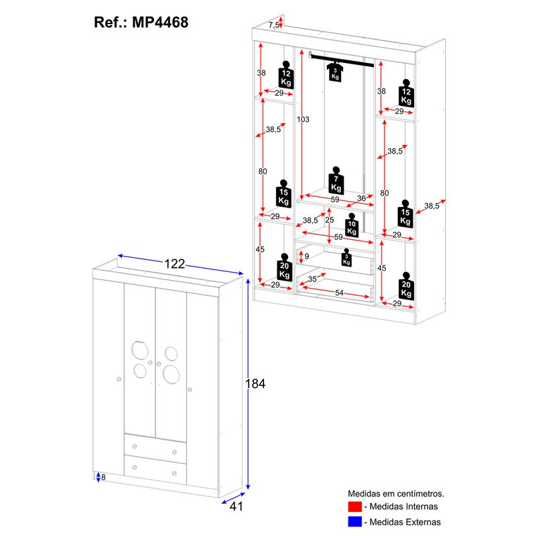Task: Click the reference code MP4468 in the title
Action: coord(160,23)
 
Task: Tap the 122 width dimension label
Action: coord(174,264)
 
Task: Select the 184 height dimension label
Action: coord(255,384)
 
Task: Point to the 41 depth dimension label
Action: coord(237,507)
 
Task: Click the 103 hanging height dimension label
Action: coord(303,119)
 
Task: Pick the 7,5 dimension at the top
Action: coord(273,25)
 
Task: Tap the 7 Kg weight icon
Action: coord(336,181)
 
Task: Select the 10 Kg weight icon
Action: coord(352,225)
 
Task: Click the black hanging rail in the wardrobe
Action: coord(342,60)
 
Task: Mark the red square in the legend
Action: coord(355,507)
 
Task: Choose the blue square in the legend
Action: coord(355,522)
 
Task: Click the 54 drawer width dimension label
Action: coord(339,293)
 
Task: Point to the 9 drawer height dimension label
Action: coord(307,257)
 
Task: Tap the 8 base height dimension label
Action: coord(103,477)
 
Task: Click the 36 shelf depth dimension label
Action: coord(361,198)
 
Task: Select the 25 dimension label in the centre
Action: coord(330,220)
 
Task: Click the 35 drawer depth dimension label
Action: coord(312,279)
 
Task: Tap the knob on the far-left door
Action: coord(119,379)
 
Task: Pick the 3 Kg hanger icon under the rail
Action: coord(335,72)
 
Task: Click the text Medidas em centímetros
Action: coord(396,494)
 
